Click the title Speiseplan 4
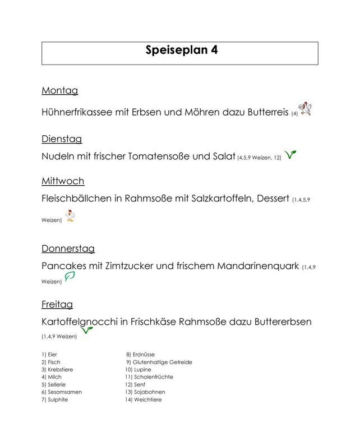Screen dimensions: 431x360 coord(180,51)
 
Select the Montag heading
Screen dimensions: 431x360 coord(59,90)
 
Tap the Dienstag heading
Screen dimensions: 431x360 coord(62,139)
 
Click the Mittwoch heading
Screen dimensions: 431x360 coord(63,181)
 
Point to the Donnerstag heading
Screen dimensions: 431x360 coord(68,248)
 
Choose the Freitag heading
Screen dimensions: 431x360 coord(57,305)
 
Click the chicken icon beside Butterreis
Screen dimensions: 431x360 coord(306,108)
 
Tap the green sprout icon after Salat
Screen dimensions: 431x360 coord(290,154)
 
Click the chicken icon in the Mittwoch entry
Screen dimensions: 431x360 coord(70,216)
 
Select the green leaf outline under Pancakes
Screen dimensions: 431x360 coord(70,277)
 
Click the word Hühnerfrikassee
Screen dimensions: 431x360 coord(77,112)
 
